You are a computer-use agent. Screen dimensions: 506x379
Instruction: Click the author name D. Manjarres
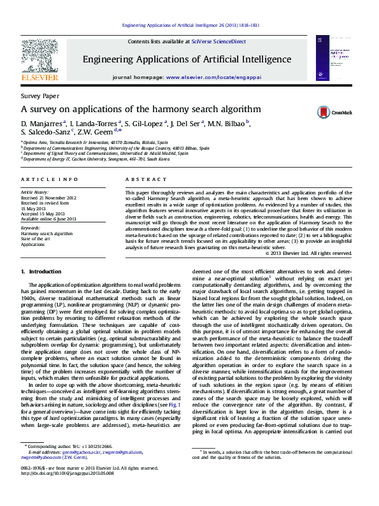42,123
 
